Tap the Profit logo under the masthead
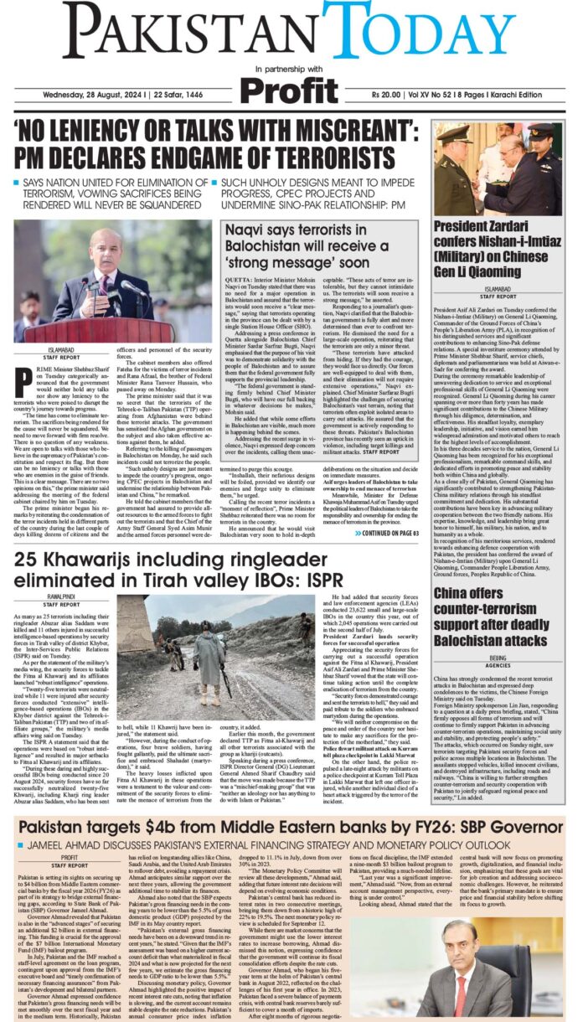coord(291,88)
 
